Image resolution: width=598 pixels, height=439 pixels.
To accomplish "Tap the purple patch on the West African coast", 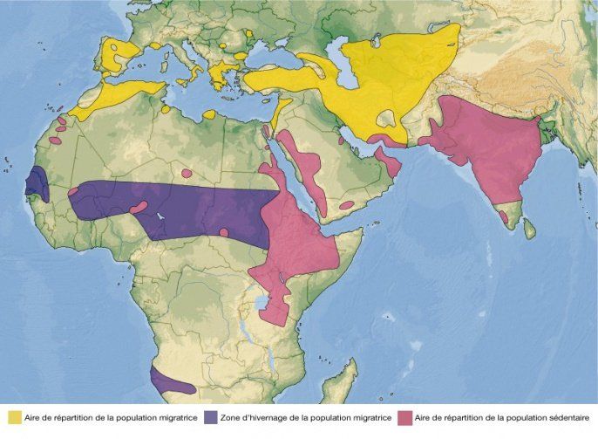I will coord(36,182).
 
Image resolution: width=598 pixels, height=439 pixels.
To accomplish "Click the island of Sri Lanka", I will coord(528,228).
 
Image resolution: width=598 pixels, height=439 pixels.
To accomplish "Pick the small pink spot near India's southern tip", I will coord(504,216).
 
